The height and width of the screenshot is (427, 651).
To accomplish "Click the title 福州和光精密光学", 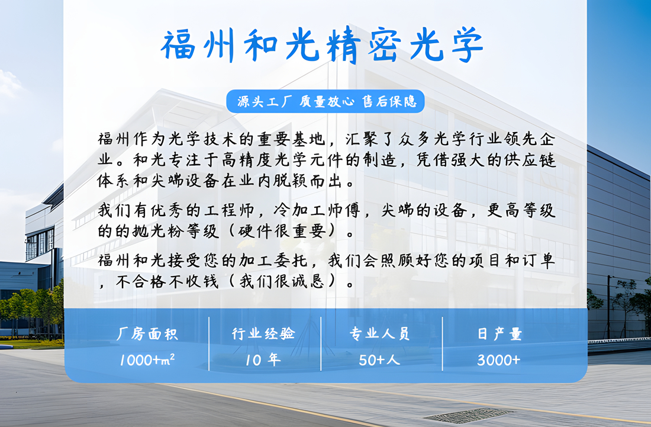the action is click(x=322, y=45).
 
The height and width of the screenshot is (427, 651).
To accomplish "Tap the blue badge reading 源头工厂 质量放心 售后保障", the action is click(x=325, y=101).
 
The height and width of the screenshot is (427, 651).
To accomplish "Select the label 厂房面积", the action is click(x=147, y=334).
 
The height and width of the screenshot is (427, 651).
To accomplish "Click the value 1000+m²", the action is click(x=147, y=359).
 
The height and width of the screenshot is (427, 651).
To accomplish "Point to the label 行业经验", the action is click(x=263, y=333).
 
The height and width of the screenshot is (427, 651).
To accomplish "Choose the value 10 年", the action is click(x=263, y=359).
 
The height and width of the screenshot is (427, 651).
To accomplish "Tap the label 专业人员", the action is click(x=379, y=333).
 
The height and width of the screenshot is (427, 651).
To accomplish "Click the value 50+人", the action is click(x=379, y=359).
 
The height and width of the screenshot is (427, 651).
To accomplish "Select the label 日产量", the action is click(x=499, y=333).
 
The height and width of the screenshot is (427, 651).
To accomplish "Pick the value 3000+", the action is click(x=499, y=359).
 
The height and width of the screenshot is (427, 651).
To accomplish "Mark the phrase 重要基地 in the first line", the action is click(x=291, y=139).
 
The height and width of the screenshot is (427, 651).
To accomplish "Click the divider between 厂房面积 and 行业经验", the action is click(x=209, y=344).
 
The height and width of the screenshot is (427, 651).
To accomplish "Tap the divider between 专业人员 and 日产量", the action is click(x=443, y=344).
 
